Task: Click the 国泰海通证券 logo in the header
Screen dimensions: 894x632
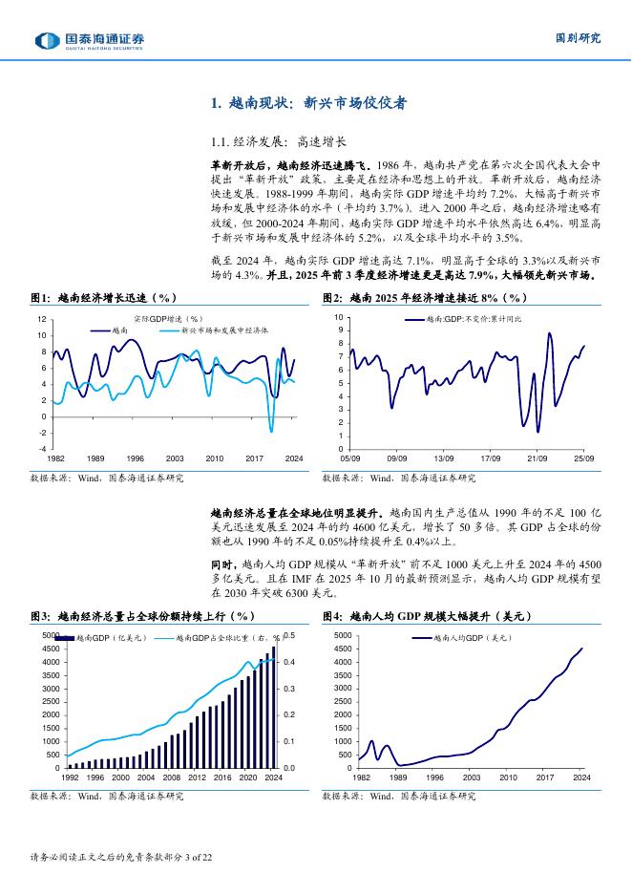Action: pos(90,39)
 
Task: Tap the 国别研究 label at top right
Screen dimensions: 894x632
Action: pos(579,38)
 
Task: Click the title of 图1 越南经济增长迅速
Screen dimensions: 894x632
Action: pos(104,298)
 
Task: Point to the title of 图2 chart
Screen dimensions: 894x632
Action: pos(426,298)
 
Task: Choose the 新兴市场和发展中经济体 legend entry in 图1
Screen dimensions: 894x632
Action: pos(221,330)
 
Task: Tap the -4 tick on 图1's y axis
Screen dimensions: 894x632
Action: pos(42,449)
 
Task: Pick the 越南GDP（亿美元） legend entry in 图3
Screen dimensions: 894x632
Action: pos(99,637)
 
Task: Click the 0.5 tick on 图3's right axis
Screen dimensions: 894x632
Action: pos(291,635)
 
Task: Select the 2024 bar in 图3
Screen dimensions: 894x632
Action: pos(273,708)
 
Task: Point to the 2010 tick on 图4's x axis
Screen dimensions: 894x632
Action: pos(508,777)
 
